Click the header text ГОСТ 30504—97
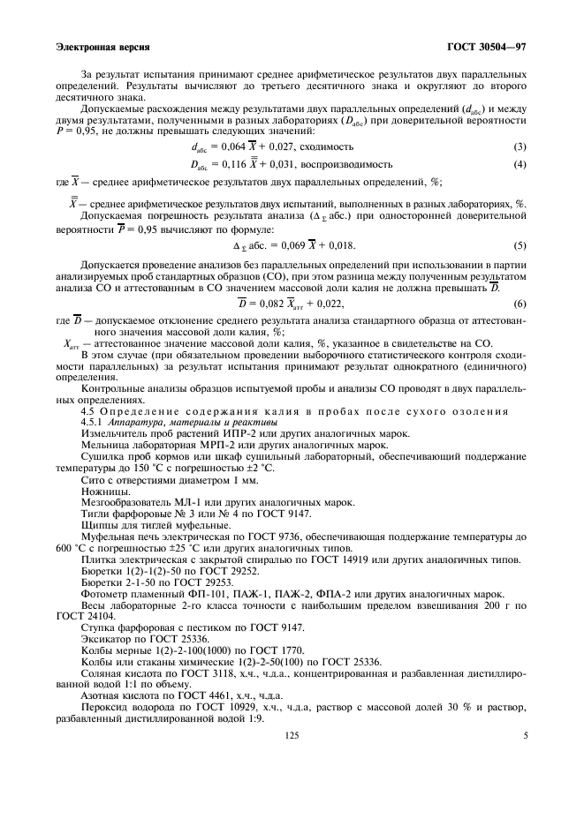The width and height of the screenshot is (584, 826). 486,46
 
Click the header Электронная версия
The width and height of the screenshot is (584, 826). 102,46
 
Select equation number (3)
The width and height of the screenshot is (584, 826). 520,146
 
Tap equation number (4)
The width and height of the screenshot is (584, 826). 520,164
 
